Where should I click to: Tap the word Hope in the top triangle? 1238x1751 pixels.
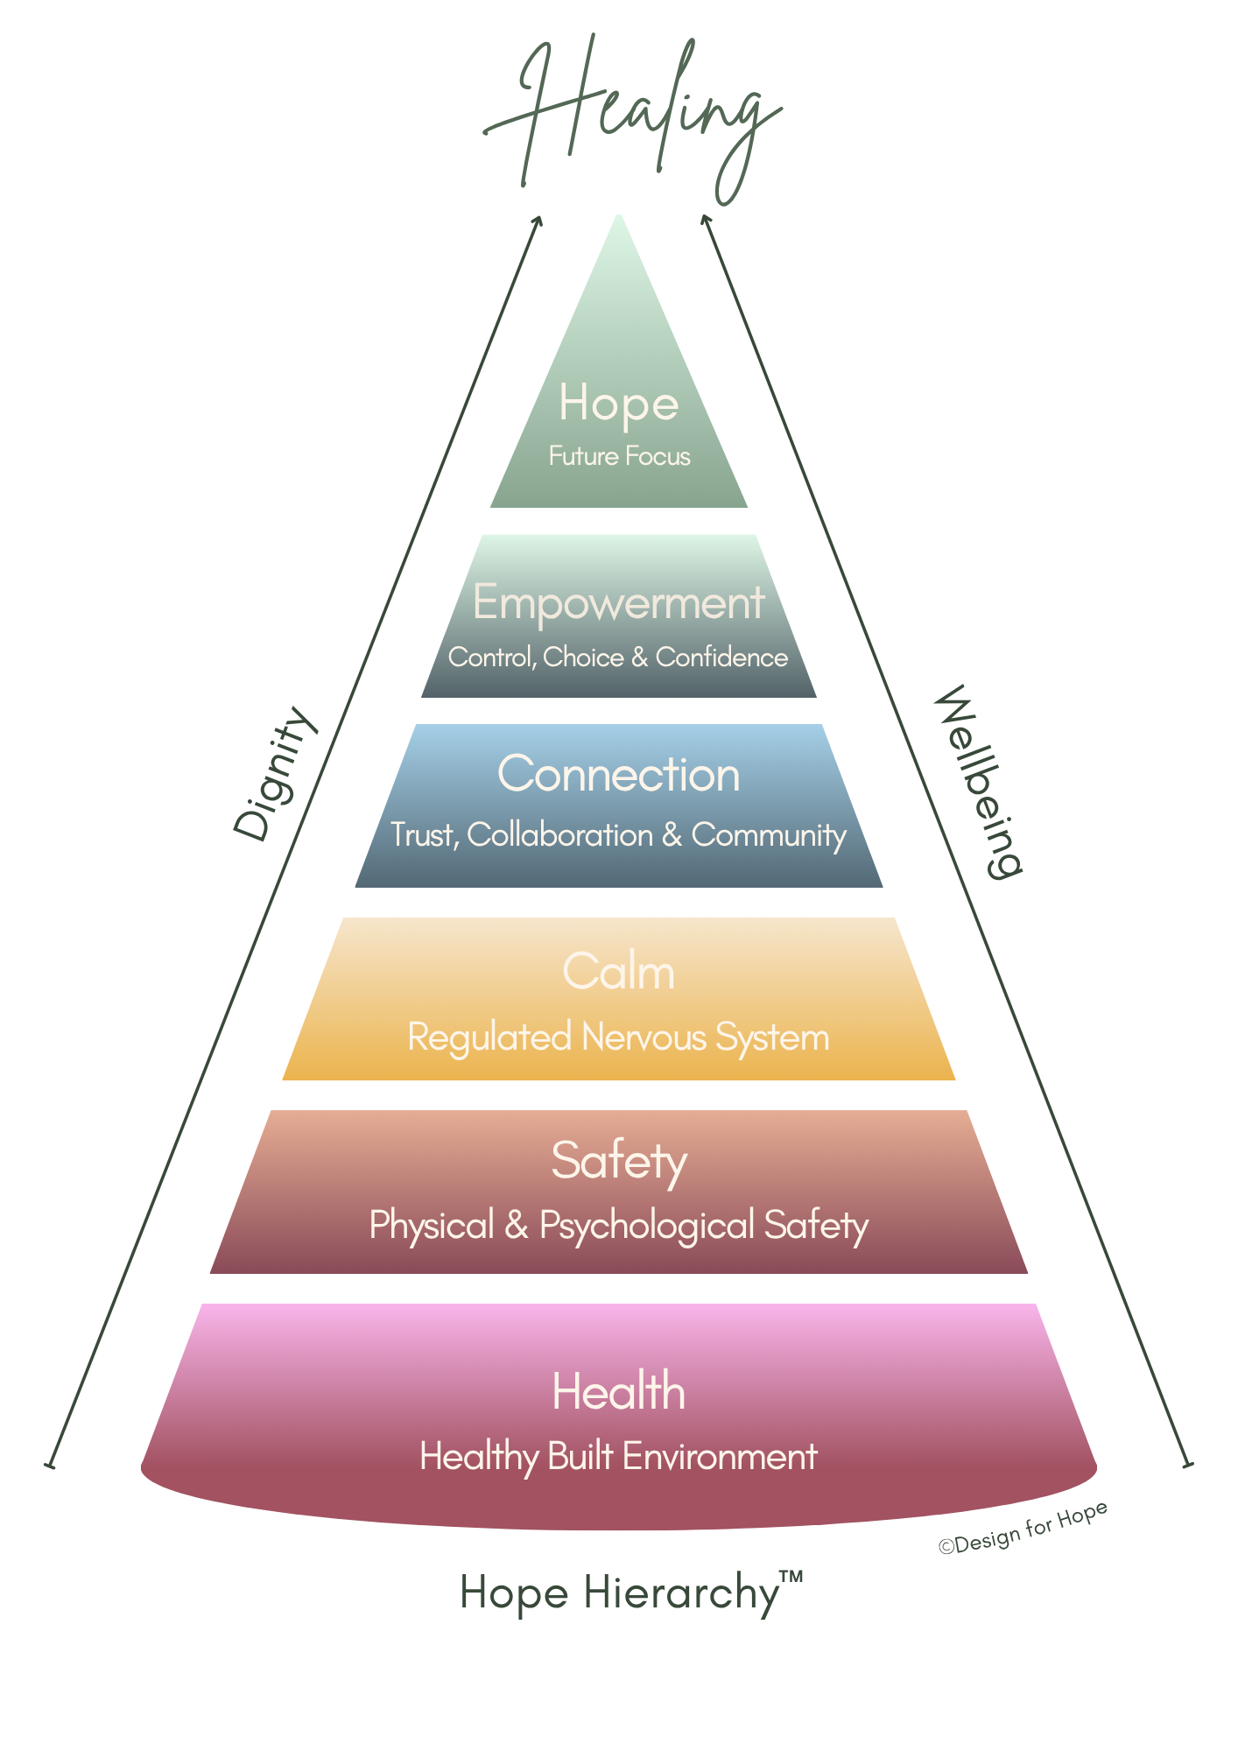click(x=618, y=404)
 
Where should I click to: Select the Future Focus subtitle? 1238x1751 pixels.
click(x=619, y=456)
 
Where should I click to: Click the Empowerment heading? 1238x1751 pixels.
click(x=618, y=602)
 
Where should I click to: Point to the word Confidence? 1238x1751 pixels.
click(x=721, y=657)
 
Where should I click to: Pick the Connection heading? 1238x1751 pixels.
click(x=618, y=774)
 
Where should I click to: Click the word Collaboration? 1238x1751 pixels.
click(x=560, y=835)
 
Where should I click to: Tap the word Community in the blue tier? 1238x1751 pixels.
click(x=769, y=836)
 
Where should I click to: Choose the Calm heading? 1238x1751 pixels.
click(x=618, y=972)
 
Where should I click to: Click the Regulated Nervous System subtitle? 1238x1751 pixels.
click(x=618, y=1037)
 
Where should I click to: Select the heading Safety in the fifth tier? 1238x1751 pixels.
click(x=618, y=1161)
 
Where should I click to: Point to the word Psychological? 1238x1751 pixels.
click(x=647, y=1226)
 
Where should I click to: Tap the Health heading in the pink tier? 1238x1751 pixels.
click(x=618, y=1391)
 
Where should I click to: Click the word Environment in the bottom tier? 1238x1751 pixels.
click(x=720, y=1457)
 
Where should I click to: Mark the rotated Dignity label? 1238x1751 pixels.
click(x=274, y=772)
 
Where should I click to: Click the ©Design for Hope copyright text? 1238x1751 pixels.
click(x=1023, y=1528)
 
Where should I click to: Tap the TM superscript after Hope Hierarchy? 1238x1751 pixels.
click(x=791, y=1577)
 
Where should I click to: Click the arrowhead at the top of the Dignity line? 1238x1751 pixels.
click(x=538, y=220)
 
